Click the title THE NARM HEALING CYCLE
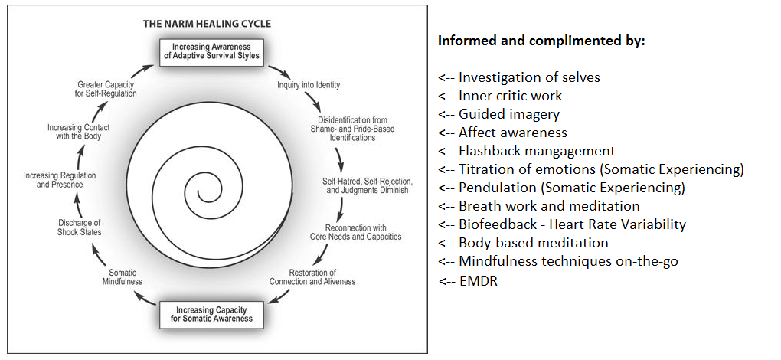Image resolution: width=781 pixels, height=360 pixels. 207,24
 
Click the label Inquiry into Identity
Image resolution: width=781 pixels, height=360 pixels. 309,85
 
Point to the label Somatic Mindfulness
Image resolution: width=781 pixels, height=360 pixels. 123,277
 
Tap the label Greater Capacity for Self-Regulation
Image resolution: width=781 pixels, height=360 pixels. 107,88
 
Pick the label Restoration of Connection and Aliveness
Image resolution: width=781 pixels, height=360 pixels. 312,277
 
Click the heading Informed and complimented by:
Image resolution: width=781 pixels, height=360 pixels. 541,41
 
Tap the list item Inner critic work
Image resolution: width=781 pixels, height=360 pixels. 510,96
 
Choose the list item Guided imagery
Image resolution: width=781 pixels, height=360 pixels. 508,114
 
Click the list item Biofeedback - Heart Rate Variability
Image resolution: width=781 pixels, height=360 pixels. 572,224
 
